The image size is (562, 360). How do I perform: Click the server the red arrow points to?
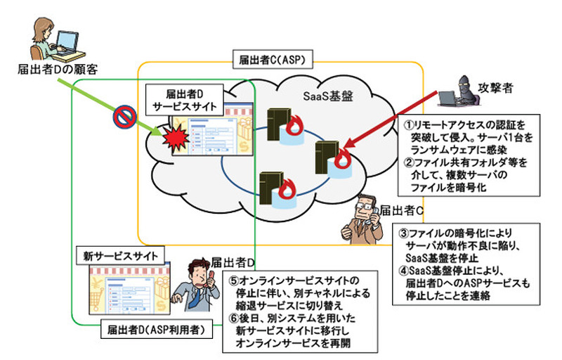[x=325, y=157]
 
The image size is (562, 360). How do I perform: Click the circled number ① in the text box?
[x=408, y=122]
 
